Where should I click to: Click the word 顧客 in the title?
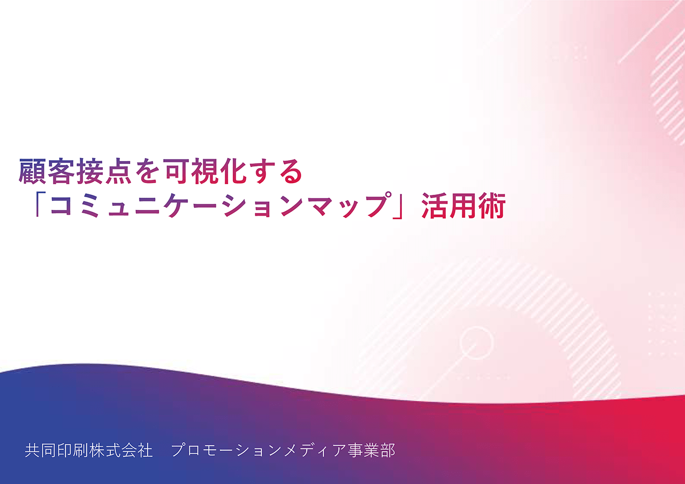[x=47, y=172]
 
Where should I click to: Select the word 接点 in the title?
[x=105, y=172]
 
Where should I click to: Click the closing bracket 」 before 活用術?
[x=401, y=205]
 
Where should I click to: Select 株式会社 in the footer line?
[x=121, y=450]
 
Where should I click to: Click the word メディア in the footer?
[x=315, y=450]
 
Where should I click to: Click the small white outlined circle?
[x=475, y=343]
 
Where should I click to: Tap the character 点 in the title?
[x=119, y=172]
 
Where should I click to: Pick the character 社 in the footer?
[x=145, y=450]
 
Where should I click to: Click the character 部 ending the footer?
[x=388, y=450]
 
